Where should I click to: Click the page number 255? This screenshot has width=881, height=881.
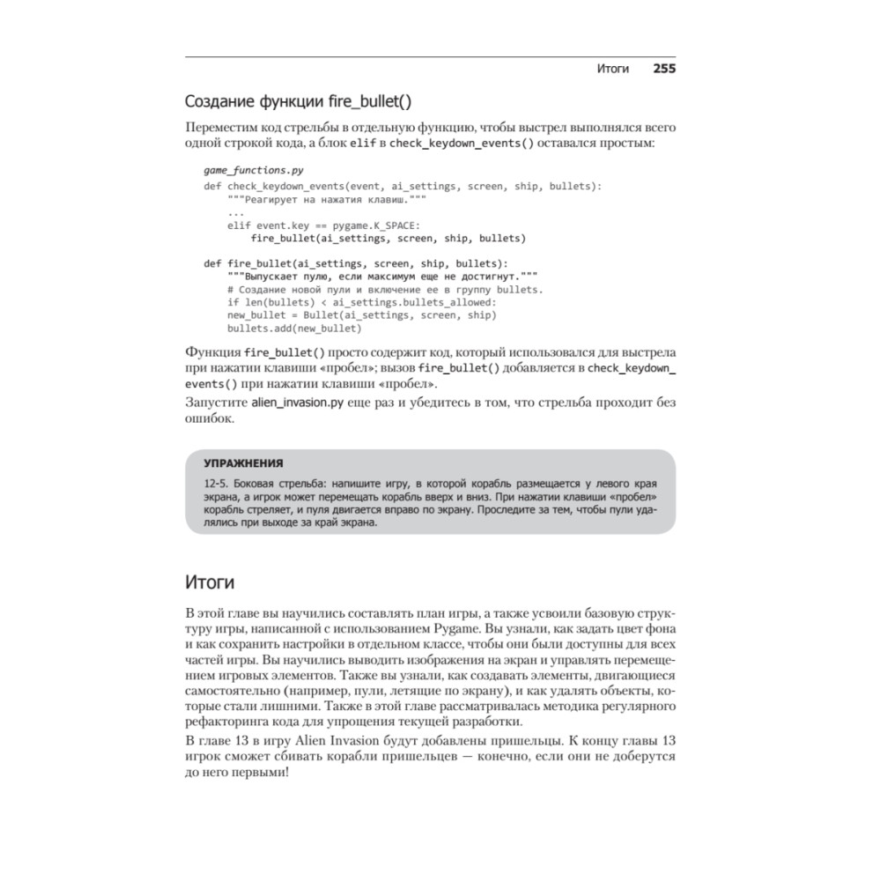(663, 69)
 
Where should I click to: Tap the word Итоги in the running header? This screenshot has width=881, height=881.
(612, 69)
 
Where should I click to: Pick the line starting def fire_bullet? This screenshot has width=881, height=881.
(355, 263)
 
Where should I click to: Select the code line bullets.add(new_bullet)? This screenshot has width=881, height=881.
(294, 328)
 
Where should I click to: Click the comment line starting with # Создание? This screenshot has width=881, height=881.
(385, 289)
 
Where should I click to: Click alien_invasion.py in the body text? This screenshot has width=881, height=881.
(297, 403)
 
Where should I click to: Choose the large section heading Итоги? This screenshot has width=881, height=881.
(210, 581)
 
